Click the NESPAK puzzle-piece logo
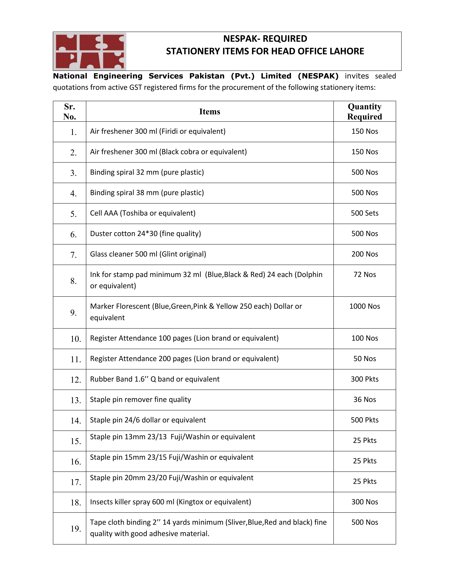click(x=90, y=51)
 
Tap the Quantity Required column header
click(x=364, y=112)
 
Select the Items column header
click(x=210, y=112)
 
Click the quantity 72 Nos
click(x=364, y=275)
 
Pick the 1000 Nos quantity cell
click(x=364, y=306)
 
